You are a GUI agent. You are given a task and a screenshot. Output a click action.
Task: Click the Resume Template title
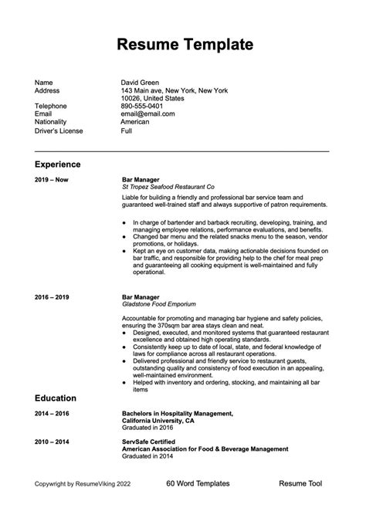coord(183,43)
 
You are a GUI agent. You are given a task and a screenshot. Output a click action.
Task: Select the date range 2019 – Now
coord(52,179)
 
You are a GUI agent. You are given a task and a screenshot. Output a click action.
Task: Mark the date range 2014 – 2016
coord(53,414)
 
